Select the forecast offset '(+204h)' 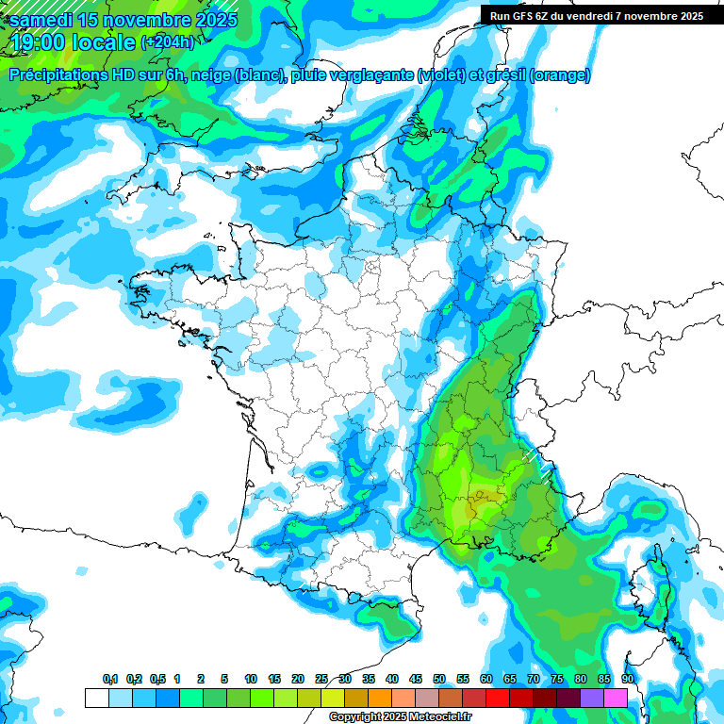[x=168, y=42]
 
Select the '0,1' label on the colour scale [x=109, y=680]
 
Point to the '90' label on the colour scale [x=628, y=680]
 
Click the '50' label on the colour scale [x=439, y=680]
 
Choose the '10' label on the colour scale [x=251, y=680]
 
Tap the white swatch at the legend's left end [x=96, y=698]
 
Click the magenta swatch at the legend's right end [x=616, y=698]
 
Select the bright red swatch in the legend [x=498, y=698]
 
